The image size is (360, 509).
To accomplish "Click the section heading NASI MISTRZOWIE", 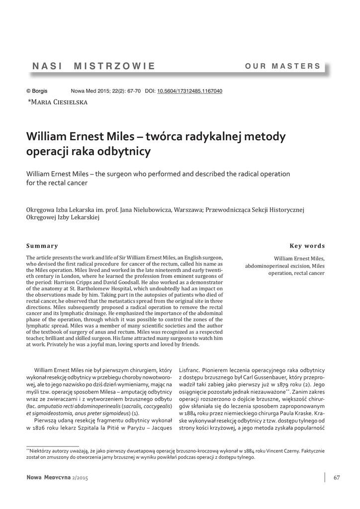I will pyautogui.click(x=93, y=66).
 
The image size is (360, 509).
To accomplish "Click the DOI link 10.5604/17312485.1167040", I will pyautogui.click(x=189, y=91).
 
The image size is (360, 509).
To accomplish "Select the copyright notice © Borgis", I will pyautogui.click(x=36, y=91).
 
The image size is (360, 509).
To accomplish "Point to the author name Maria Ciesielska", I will pyautogui.click(x=59, y=102).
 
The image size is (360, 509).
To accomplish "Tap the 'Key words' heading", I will pyautogui.click(x=307, y=246).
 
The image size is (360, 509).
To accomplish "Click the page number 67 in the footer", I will pyautogui.click(x=337, y=478).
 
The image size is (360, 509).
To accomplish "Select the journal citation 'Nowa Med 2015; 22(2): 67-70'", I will pyautogui.click(x=106, y=91).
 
